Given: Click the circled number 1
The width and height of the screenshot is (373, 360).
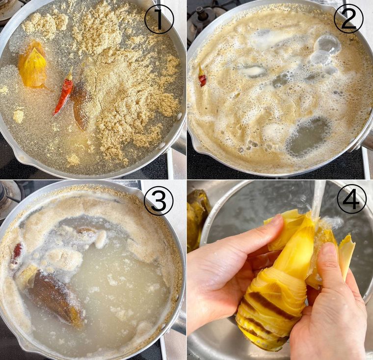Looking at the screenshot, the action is [159, 20].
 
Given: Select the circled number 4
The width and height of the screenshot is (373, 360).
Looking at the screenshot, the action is [351, 199].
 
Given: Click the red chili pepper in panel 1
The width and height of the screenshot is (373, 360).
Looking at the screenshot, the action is [63, 92].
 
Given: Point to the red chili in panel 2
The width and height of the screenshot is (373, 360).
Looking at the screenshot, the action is [202, 77].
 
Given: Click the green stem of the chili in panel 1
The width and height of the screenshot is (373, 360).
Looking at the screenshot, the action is [70, 73].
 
